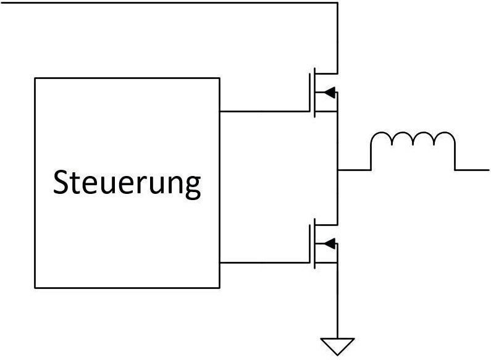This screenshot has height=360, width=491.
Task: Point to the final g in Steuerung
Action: click(x=193, y=186)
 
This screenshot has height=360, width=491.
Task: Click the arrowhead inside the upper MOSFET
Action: click(x=330, y=93)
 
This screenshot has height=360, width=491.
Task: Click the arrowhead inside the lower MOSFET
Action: click(x=330, y=243)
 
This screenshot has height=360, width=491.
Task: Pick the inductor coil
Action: click(x=413, y=148)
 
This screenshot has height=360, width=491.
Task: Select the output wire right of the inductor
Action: click(x=472, y=169)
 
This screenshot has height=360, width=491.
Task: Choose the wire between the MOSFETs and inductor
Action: click(x=354, y=169)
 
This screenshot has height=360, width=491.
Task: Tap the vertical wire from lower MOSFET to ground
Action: click(x=337, y=303)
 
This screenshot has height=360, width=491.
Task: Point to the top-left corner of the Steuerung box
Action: click(x=35, y=78)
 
